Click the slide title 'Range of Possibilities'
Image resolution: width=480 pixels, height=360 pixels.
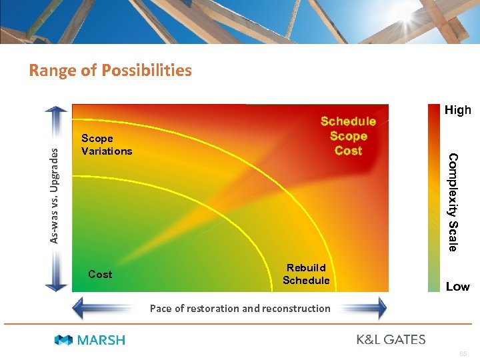110,70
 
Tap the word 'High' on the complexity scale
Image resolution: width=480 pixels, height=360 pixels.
457,110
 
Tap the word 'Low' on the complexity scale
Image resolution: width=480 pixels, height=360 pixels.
457,287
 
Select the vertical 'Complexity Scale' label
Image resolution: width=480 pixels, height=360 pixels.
453,202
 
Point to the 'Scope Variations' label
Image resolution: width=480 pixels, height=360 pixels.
107,145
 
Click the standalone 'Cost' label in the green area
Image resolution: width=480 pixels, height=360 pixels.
100,274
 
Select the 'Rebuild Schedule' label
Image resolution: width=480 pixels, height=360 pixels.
306,274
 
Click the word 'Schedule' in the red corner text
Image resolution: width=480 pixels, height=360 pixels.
348,121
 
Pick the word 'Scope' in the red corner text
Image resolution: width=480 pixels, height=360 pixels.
348,136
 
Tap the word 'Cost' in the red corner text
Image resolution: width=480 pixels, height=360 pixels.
348,151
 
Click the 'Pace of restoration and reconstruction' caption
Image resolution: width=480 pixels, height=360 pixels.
240,308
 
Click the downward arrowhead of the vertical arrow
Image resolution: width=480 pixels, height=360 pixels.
57,287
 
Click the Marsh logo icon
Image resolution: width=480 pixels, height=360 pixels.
64,340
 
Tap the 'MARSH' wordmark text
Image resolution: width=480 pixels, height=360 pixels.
101,340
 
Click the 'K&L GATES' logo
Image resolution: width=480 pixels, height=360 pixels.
391,339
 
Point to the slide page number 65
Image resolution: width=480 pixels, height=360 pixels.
463,353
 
